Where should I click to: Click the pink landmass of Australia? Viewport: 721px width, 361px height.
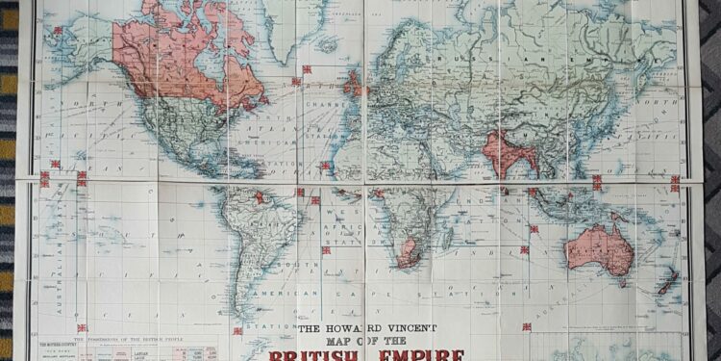point(599,249)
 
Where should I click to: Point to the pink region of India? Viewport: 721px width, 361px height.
point(504,154)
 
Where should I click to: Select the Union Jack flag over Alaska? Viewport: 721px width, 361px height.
point(58,31)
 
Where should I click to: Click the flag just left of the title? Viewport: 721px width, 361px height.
point(237,331)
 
